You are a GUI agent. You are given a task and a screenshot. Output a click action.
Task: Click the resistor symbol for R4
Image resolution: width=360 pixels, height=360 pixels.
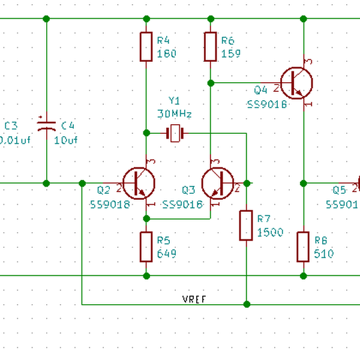click(x=146, y=47)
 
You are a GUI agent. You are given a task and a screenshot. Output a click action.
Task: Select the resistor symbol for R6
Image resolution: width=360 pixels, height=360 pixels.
click(x=210, y=47)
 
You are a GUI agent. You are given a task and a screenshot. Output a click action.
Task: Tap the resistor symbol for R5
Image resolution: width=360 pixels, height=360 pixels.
click(x=146, y=247)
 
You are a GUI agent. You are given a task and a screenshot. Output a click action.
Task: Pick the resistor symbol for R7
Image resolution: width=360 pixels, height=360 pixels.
click(x=246, y=225)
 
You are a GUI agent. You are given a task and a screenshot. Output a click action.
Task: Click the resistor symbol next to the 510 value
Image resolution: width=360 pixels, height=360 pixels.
click(x=303, y=247)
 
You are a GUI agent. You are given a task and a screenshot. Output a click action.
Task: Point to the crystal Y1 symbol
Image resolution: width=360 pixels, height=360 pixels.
click(x=175, y=133)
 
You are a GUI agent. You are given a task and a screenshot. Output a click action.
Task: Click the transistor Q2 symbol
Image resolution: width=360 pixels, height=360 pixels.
click(x=139, y=184)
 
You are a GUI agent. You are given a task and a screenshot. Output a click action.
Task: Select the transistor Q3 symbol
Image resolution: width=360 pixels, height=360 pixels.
click(x=218, y=184)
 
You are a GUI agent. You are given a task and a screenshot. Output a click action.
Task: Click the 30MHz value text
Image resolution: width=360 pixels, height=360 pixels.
click(x=174, y=114)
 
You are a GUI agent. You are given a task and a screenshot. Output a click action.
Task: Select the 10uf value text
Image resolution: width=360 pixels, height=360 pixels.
click(x=66, y=140)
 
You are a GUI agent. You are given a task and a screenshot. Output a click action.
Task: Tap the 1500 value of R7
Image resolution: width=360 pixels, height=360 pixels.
click(x=270, y=233)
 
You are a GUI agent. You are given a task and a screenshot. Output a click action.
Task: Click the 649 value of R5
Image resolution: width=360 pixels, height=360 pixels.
click(x=167, y=254)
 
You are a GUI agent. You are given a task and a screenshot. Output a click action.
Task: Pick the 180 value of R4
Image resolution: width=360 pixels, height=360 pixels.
click(x=167, y=54)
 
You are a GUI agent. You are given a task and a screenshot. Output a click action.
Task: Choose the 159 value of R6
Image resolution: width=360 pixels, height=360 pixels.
click(x=230, y=54)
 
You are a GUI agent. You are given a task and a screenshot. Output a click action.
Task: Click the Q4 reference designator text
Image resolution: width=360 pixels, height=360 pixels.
click(x=260, y=91)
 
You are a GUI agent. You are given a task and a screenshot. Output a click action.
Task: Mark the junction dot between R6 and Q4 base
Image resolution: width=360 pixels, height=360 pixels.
click(x=210, y=82)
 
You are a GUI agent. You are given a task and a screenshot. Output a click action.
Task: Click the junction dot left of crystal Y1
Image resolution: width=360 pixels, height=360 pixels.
click(x=146, y=133)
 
